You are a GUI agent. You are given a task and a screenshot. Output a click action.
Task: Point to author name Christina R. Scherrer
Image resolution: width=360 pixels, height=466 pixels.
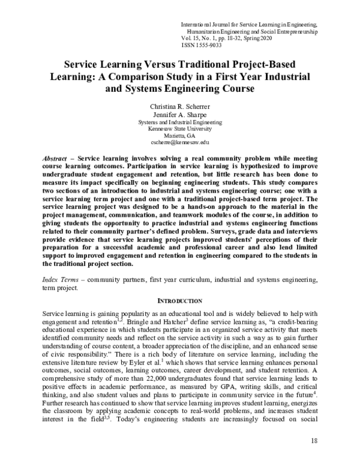point(179,106)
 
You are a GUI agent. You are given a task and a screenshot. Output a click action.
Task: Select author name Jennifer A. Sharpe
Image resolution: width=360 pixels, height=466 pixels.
point(179,114)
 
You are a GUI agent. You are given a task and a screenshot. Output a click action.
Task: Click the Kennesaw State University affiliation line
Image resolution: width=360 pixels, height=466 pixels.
point(179,129)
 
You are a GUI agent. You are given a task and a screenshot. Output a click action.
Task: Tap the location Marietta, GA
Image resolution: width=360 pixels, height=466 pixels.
point(179,135)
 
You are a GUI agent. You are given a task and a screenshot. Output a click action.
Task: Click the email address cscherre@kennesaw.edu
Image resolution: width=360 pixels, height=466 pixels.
point(179,142)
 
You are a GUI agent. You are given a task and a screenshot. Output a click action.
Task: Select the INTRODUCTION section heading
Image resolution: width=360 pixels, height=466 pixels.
point(179,300)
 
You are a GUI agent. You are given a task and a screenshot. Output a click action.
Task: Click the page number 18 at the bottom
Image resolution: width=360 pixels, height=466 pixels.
point(314,441)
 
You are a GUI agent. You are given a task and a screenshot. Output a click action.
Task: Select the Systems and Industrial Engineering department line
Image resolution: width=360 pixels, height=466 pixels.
point(179,121)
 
